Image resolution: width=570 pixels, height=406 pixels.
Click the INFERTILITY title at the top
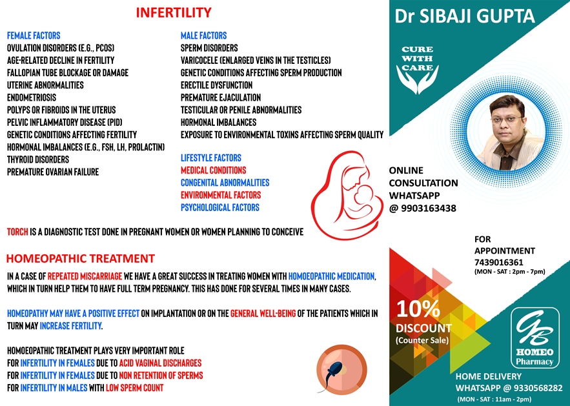174,12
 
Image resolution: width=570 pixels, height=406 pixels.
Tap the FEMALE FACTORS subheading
33,36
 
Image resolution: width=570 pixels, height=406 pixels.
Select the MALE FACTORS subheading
203,36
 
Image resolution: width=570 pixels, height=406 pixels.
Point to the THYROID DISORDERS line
37,159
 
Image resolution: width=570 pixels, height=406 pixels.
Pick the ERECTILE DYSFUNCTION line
216,85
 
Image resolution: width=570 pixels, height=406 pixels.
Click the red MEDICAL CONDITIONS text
213,170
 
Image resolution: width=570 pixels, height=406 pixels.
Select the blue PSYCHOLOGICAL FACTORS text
219,208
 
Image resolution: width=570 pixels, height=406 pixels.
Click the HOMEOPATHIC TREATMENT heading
80,259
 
